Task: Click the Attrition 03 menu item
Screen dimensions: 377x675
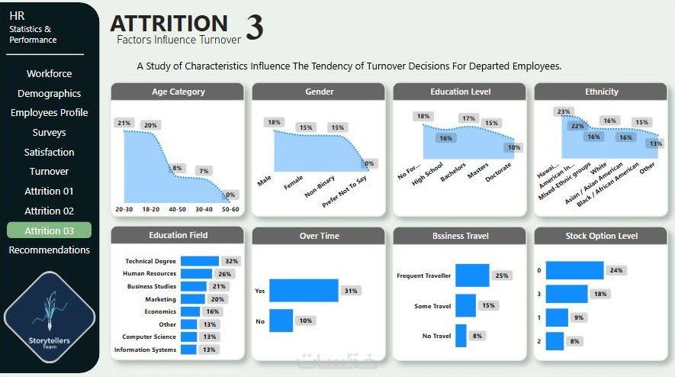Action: coord(49,230)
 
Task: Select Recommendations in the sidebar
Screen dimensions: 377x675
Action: coord(49,250)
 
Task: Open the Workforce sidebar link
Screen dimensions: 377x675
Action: coord(49,74)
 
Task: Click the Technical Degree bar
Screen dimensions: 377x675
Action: coord(199,261)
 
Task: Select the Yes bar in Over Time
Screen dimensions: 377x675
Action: coord(303,291)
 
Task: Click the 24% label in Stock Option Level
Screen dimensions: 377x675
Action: coord(616,270)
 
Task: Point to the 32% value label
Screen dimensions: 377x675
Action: coord(231,261)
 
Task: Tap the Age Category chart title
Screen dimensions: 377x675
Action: coord(178,92)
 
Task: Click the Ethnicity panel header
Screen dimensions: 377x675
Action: coord(601,92)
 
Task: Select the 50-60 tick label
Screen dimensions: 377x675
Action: coord(230,209)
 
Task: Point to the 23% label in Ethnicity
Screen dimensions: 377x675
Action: coord(564,111)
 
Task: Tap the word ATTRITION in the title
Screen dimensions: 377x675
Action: coord(169,24)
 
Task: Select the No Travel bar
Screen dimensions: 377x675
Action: coord(460,335)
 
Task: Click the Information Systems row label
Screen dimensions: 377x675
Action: coord(145,350)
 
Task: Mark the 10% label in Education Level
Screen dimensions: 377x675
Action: coord(514,148)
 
